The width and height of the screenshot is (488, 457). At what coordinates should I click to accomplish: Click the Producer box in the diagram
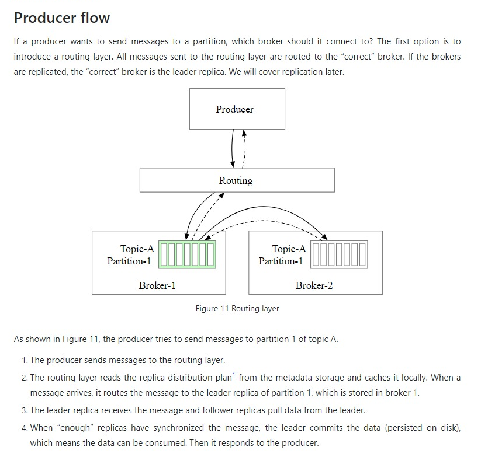point(237,109)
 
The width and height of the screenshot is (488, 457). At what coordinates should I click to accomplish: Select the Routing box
point(237,180)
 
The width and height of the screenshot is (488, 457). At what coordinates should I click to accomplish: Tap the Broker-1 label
point(157,285)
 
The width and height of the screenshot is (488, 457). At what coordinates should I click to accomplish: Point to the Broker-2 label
point(314,285)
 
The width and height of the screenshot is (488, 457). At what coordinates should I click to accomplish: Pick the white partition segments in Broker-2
point(339,254)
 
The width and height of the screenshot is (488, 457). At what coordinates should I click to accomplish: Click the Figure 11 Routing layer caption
point(237,308)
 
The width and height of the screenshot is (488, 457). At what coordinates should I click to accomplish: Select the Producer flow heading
point(62,18)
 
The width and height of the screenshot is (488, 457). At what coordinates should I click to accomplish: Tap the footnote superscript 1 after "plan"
point(234,374)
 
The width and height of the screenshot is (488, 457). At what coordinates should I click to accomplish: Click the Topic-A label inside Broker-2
point(289,249)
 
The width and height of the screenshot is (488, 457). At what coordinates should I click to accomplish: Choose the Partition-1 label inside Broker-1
point(129,261)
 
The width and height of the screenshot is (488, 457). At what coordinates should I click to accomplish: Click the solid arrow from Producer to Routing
point(233,147)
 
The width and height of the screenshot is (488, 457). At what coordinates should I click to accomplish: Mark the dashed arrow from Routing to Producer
point(244,147)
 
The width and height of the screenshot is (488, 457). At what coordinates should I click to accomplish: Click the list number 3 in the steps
point(24,410)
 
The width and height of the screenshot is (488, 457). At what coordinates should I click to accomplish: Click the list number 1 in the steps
point(24,360)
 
